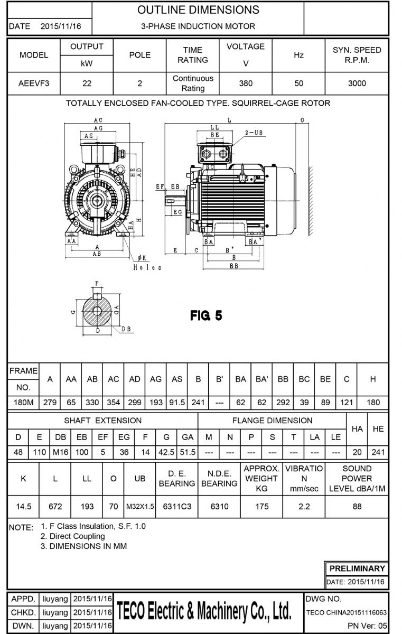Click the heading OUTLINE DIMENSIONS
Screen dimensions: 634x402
point(198,10)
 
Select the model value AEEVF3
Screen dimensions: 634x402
point(34,83)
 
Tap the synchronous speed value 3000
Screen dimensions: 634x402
point(357,83)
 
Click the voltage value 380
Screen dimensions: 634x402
point(246,83)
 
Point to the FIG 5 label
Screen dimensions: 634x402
point(206,316)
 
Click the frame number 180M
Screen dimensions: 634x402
point(23,403)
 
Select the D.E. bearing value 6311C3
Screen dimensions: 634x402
point(177,507)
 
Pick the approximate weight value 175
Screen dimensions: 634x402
point(261,507)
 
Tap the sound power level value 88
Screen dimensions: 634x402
point(357,507)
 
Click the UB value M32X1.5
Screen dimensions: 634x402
point(140,507)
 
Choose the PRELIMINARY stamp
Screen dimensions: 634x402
point(357,568)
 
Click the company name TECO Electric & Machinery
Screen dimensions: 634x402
point(204,612)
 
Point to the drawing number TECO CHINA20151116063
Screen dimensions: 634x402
point(346,613)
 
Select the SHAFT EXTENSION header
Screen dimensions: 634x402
point(103,421)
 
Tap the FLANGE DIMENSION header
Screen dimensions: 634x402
point(272,421)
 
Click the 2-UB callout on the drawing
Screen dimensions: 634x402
point(254,133)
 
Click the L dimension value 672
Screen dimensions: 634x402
point(55,507)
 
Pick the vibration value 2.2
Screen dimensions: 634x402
point(304,507)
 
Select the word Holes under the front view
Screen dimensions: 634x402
point(147,268)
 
